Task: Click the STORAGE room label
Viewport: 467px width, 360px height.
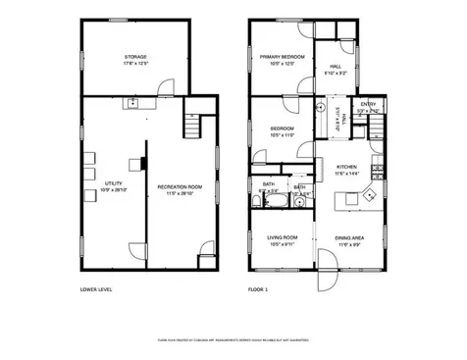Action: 135,57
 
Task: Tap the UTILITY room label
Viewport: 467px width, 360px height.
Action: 112,182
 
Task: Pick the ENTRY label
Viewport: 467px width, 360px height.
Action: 368,103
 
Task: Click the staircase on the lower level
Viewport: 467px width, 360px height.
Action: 192,125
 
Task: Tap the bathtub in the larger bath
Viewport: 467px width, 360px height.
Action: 276,202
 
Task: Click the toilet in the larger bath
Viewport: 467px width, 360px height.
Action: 257,202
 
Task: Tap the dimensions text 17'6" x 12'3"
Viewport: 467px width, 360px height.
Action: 135,64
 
